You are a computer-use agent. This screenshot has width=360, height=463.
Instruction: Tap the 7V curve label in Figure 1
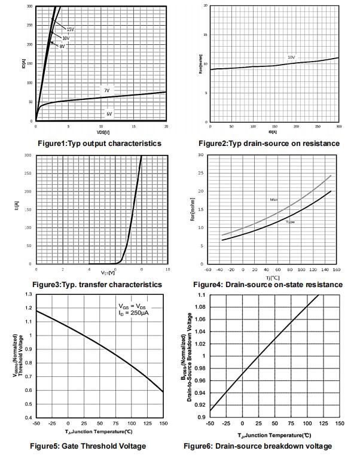pos(106,90)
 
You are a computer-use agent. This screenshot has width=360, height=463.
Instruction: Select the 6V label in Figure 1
pos(109,113)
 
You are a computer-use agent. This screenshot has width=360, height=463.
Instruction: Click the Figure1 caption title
pos(99,144)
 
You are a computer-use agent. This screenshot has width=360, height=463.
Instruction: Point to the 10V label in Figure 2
pos(291,57)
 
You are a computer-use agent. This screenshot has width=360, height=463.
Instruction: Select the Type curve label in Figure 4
pos(290,223)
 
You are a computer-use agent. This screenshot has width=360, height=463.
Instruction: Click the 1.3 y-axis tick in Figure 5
pos(29,295)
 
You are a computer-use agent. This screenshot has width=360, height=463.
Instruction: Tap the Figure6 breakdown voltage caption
pos(258,446)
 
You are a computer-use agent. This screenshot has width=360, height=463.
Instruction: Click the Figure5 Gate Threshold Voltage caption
pos(88,446)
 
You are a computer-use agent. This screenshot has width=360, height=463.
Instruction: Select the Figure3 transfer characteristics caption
pos(97,285)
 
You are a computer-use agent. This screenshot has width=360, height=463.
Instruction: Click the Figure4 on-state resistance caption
pos(269,285)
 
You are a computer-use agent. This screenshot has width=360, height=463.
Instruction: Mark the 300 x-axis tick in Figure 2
pos(339,127)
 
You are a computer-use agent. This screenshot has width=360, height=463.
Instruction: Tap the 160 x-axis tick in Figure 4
pos(336,269)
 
